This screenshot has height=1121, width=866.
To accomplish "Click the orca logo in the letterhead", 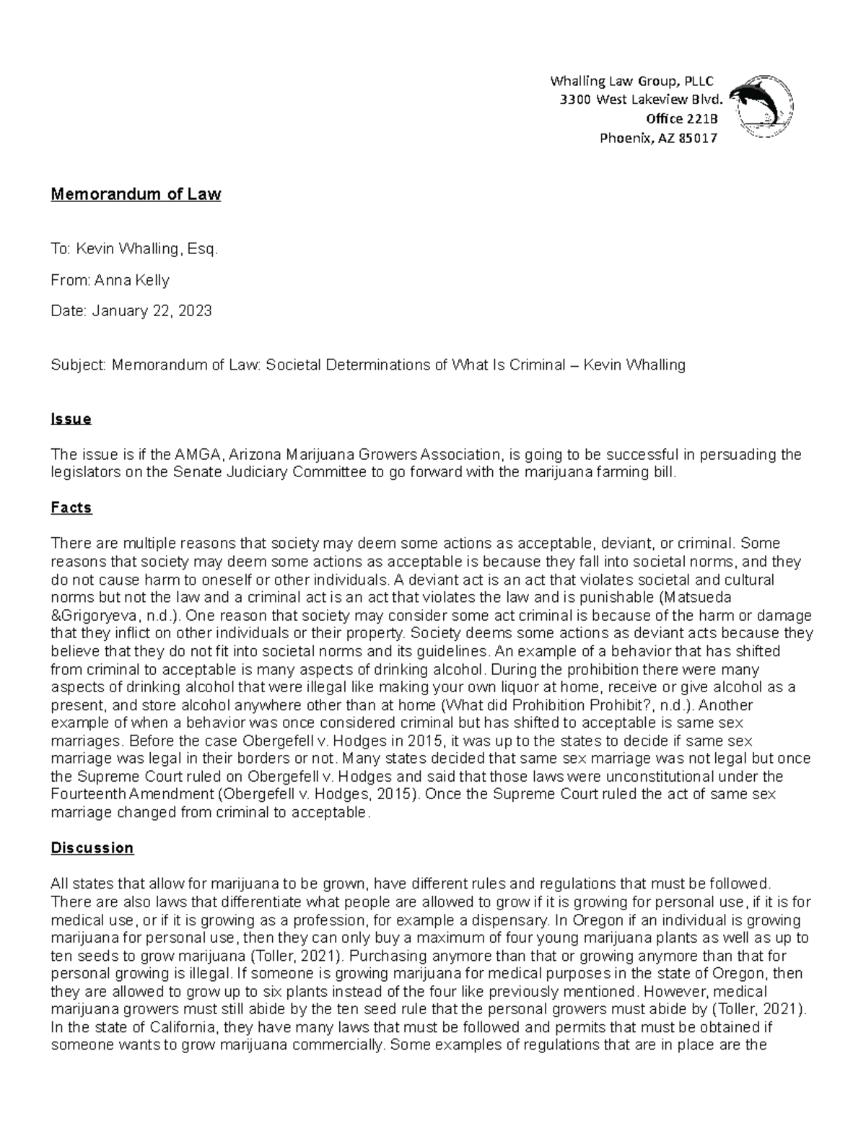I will (761, 106).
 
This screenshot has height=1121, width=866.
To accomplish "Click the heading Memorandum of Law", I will (136, 194).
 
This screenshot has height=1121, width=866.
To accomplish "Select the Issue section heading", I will (71, 419).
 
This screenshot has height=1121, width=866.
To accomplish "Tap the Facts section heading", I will (71, 507).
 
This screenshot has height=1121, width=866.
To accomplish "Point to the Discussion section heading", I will (92, 847).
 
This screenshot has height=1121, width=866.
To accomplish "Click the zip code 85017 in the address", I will (696, 139).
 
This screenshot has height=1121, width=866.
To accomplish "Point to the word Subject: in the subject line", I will (78, 365).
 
